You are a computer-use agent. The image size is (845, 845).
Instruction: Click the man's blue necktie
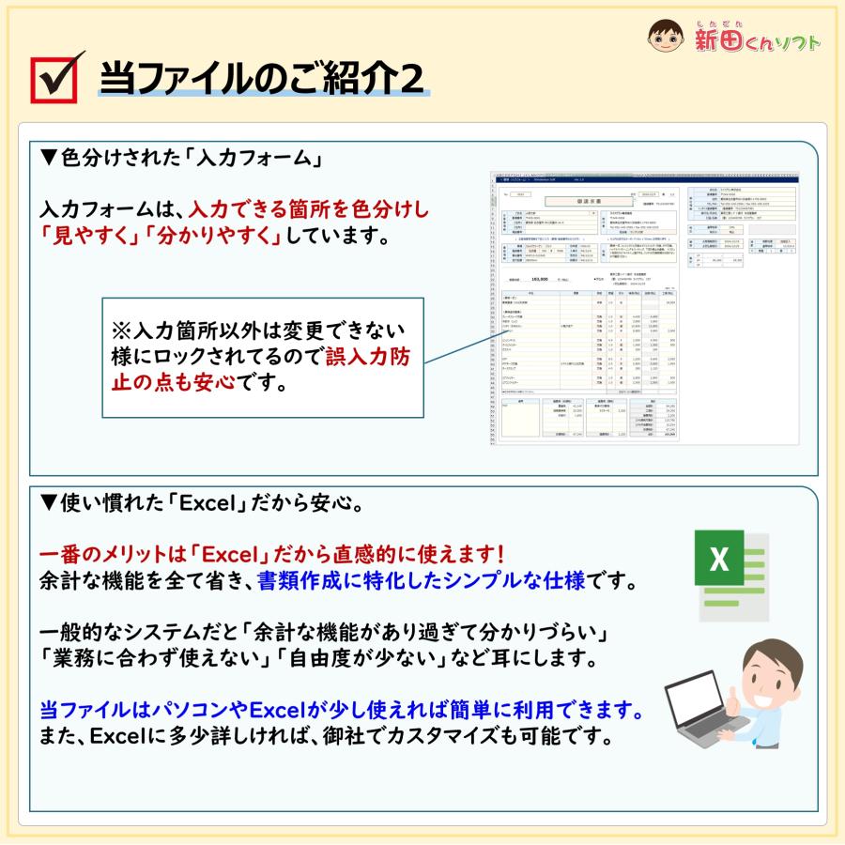pos(782,713)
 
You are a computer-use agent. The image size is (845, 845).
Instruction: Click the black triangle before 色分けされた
pos(50,156)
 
